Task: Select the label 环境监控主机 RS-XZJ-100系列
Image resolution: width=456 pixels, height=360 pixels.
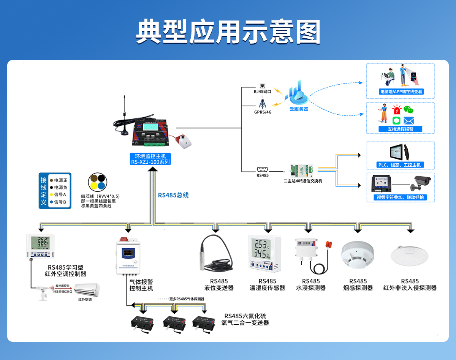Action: [x=150, y=159]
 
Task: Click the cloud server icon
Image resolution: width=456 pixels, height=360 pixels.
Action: [x=298, y=95]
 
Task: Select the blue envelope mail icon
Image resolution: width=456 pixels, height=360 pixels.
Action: [x=408, y=121]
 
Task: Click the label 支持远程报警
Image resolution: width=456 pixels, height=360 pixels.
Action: [x=400, y=129]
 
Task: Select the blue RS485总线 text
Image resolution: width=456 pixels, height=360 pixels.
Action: [x=173, y=195]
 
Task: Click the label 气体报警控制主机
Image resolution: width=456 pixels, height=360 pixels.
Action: [x=141, y=285]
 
